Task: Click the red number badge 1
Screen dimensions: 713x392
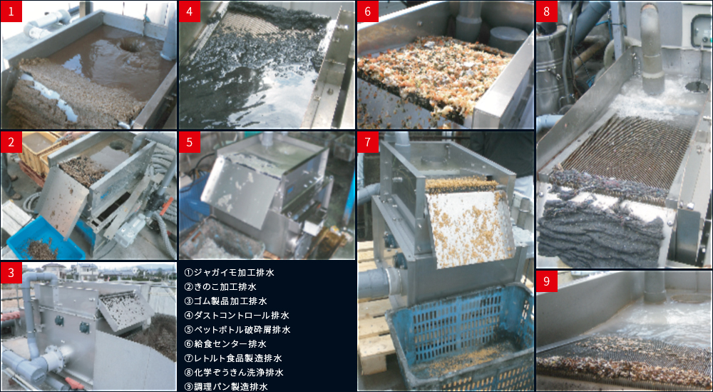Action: pos(11,11)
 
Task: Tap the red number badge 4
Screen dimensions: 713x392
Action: pos(190,11)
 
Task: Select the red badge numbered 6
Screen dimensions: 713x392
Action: pos(368,11)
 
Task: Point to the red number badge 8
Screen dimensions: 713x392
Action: pos(547,11)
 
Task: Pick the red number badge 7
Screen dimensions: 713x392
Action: pos(368,143)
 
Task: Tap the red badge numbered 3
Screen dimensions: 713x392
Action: pos(11,273)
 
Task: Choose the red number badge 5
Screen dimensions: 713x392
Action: pos(190,143)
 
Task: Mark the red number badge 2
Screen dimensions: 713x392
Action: pos(11,143)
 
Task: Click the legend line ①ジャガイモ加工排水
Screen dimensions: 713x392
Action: pos(229,273)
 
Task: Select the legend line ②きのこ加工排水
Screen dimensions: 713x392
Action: pos(220,287)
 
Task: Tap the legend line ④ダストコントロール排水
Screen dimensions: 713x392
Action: pos(237,315)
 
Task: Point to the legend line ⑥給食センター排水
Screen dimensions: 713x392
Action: pos(225,343)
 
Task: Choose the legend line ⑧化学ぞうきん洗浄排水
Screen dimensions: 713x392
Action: pos(234,373)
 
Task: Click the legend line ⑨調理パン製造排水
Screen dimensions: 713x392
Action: pos(225,386)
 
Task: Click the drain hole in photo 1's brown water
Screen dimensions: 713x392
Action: pos(133,44)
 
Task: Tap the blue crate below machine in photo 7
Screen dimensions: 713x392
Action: pos(459,336)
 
